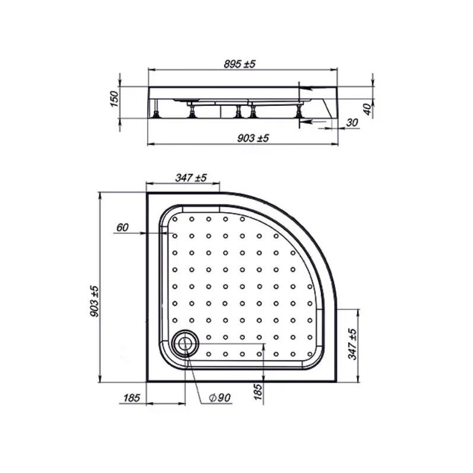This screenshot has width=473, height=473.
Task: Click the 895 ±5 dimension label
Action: tap(239, 64)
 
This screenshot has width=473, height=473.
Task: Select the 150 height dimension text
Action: tap(115, 98)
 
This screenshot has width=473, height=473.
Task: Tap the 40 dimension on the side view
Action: tap(367, 109)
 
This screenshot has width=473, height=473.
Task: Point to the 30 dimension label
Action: tap(352, 122)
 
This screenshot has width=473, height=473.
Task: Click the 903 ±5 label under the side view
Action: tap(253, 138)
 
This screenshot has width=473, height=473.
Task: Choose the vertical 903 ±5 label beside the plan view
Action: tap(95, 301)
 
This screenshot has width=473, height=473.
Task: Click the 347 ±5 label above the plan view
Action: tap(191, 178)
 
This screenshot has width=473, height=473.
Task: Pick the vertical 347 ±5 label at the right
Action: tap(352, 344)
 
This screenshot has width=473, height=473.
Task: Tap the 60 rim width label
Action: tap(122, 227)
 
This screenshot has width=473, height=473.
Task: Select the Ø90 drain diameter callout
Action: tap(220, 397)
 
